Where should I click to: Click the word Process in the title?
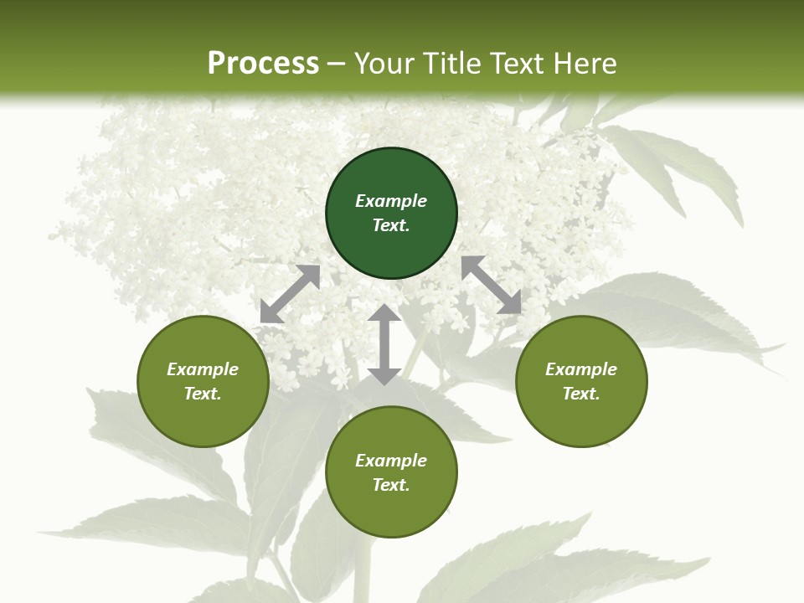click(263, 64)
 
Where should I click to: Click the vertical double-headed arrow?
click(384, 344)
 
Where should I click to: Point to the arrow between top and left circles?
click(290, 294)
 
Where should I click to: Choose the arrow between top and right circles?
click(492, 286)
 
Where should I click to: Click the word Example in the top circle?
click(391, 201)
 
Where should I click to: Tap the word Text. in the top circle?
click(391, 225)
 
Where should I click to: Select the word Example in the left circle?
click(203, 369)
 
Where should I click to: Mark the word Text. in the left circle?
click(203, 394)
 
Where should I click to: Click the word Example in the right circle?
click(581, 369)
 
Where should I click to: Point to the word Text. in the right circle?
click(581, 394)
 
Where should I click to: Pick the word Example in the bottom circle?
click(391, 461)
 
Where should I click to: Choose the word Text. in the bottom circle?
click(391, 485)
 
